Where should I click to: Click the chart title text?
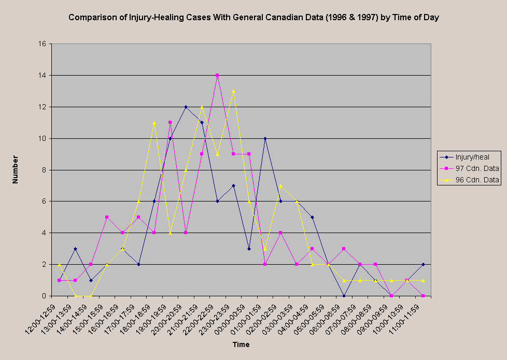[x=253, y=18]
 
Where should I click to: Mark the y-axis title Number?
[x=15, y=169]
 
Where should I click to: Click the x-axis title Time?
[x=241, y=344]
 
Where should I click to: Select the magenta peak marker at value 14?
[x=217, y=75]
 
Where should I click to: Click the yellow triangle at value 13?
[x=233, y=91]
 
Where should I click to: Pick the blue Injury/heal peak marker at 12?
[x=186, y=107]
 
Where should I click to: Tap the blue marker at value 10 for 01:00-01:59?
[x=265, y=138]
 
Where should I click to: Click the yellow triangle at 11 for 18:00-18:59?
[x=154, y=123]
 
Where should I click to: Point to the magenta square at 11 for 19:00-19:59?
[x=170, y=122]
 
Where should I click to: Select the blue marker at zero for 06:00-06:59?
[x=344, y=296]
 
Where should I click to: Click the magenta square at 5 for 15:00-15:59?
[x=107, y=217]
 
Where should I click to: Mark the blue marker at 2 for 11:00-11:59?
[x=423, y=264]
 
